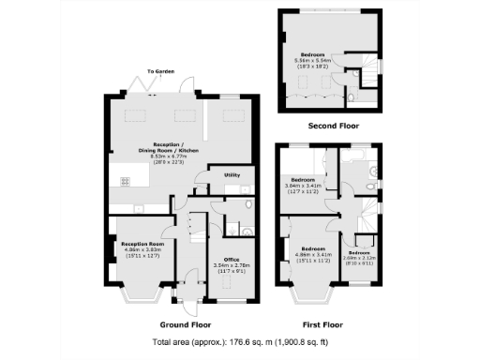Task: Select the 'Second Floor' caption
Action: (333, 125)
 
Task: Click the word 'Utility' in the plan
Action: (232, 175)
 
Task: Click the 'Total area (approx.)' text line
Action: (239, 342)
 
